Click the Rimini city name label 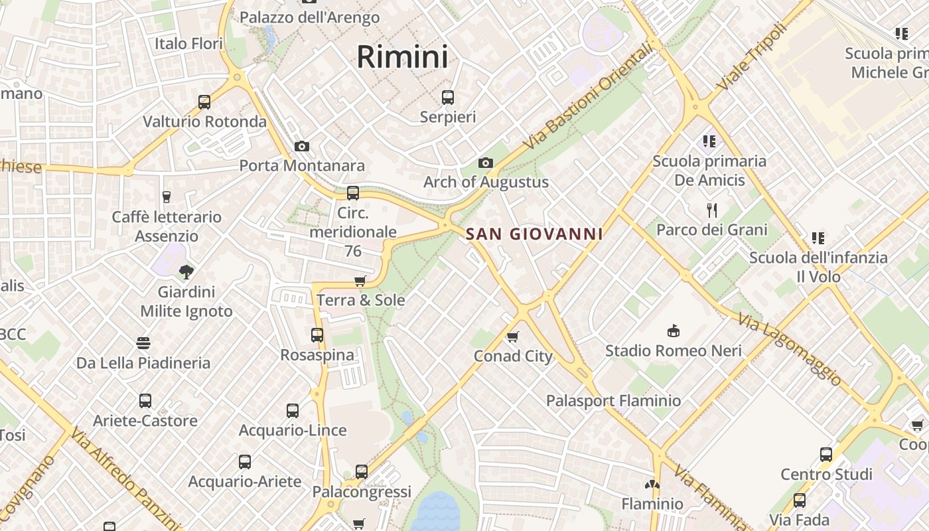(x=402, y=56)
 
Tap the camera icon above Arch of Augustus (x=486, y=163)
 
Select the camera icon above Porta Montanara (x=302, y=146)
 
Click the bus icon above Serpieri (x=448, y=98)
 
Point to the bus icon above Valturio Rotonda (x=204, y=102)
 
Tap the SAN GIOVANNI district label (x=534, y=234)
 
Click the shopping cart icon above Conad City (x=512, y=337)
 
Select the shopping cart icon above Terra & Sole (x=360, y=281)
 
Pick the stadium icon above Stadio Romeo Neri (x=674, y=331)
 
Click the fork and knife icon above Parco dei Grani (x=712, y=210)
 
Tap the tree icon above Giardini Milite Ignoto (x=186, y=271)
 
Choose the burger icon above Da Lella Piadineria (x=143, y=343)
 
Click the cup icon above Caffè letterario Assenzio (x=167, y=197)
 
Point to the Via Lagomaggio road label (x=790, y=350)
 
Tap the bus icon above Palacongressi (x=362, y=472)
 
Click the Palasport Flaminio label (x=613, y=401)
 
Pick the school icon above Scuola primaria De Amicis (x=709, y=141)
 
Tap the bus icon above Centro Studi (x=826, y=455)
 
